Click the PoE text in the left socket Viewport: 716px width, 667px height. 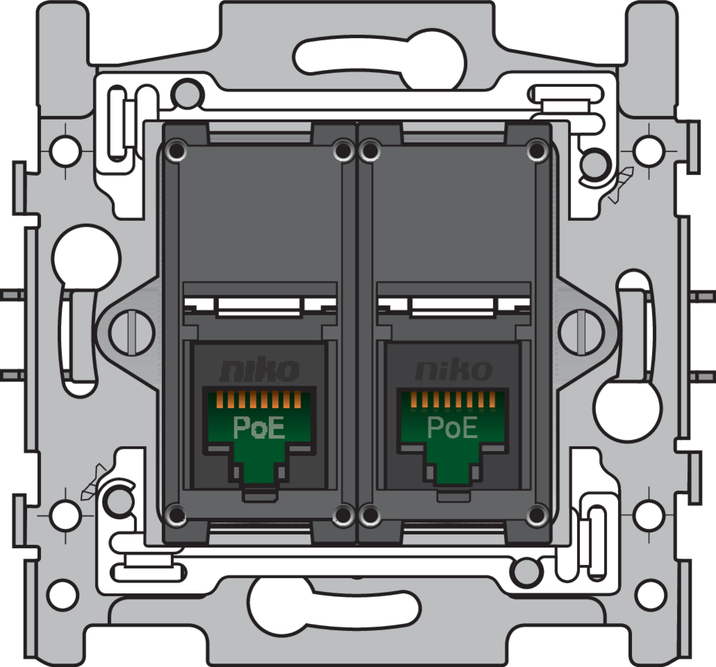point(259,427)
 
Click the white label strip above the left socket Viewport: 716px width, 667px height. point(259,306)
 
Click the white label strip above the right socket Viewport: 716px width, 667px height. point(453,306)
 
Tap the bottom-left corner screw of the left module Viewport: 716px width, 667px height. point(177,515)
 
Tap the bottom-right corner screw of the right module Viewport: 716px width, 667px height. point(536,515)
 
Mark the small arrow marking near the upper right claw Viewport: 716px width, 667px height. point(620,185)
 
